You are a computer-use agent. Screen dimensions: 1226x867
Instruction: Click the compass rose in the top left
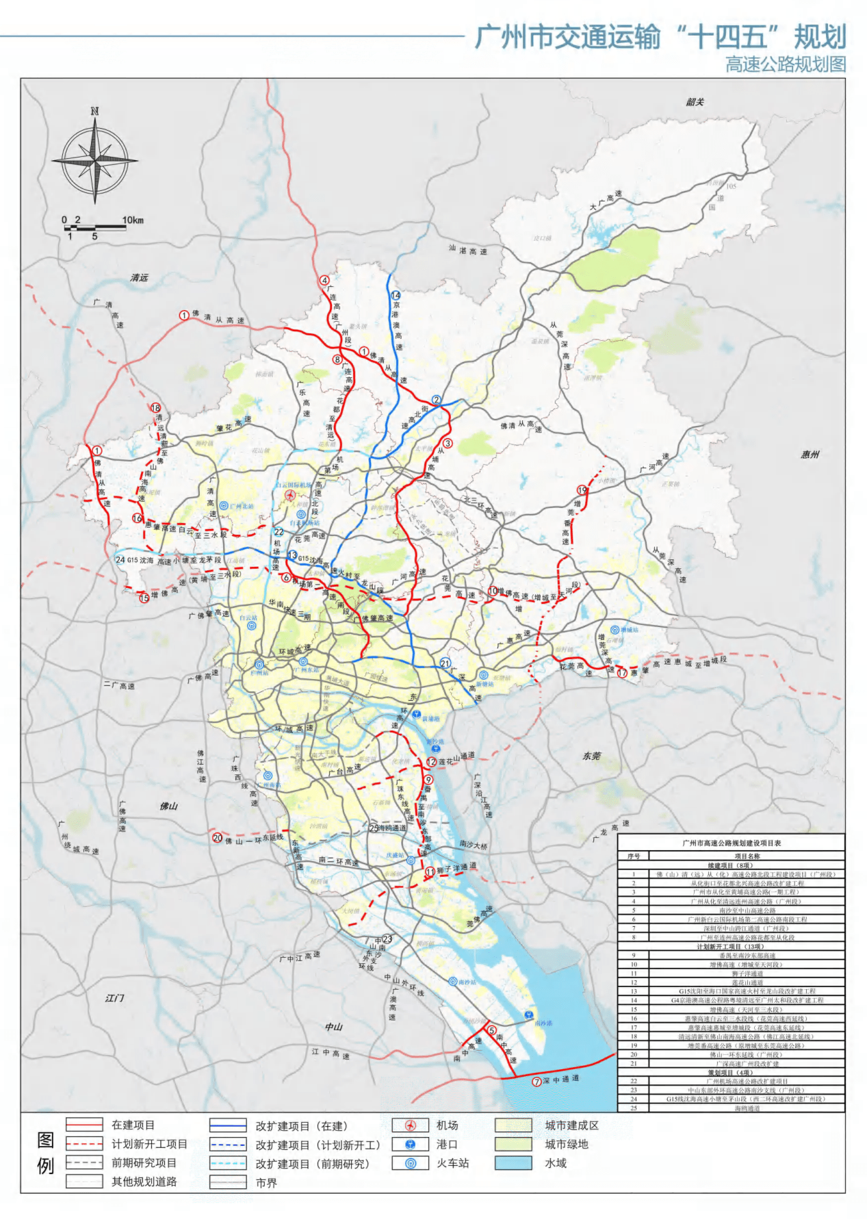(x=95, y=160)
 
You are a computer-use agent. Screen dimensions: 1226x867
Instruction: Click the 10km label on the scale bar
(x=133, y=220)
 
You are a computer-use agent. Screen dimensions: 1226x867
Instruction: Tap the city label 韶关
(x=695, y=102)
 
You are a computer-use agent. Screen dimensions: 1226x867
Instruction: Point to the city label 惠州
(x=810, y=455)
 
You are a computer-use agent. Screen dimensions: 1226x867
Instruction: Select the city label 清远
(x=139, y=278)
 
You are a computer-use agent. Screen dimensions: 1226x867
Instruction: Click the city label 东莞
(x=591, y=756)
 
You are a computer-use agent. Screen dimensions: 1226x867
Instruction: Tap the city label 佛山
(x=168, y=806)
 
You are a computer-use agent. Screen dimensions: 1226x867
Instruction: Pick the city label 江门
(x=115, y=998)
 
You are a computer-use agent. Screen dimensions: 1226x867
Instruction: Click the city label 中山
(x=333, y=1027)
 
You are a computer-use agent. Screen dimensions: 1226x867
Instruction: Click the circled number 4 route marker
(x=324, y=280)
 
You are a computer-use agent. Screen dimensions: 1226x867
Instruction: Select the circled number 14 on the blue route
(x=396, y=296)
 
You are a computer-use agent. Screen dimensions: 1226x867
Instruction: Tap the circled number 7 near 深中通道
(x=536, y=1082)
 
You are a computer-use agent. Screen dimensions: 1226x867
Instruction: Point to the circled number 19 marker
(x=582, y=490)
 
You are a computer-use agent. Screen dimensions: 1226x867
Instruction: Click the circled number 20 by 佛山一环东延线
(x=217, y=838)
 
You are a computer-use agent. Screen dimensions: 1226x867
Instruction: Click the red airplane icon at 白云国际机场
(x=289, y=494)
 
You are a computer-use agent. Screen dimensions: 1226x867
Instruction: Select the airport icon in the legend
(x=411, y=1125)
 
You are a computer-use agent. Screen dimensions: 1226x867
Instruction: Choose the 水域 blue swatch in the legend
(x=513, y=1163)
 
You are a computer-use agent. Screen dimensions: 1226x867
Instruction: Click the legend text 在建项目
(x=133, y=1125)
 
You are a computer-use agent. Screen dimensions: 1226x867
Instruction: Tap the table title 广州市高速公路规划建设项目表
(x=731, y=843)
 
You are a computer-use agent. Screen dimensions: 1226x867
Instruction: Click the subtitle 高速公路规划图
(x=785, y=64)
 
